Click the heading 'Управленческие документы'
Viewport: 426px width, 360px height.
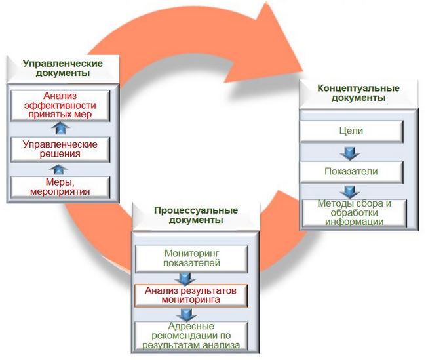tap(63, 68)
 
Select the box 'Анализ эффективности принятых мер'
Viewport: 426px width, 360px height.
tap(60, 106)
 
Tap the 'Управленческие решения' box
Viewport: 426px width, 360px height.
tap(60, 149)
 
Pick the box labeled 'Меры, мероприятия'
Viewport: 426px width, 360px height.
tap(60, 187)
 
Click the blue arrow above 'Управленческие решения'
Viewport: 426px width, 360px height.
tap(60, 127)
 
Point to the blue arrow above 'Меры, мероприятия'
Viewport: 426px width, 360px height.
tap(58, 169)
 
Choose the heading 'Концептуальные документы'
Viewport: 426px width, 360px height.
tap(358, 93)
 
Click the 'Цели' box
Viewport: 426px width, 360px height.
tap(351, 131)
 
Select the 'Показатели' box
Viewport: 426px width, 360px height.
tap(351, 172)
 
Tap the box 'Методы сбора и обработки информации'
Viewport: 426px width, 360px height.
tap(355, 213)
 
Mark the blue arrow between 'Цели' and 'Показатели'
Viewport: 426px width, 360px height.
tap(350, 153)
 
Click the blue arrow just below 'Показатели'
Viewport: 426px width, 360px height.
tap(350, 192)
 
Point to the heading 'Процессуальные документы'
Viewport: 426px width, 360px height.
tap(196, 215)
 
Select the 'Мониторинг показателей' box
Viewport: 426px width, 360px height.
tap(191, 258)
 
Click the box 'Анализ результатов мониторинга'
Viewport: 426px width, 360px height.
tap(191, 296)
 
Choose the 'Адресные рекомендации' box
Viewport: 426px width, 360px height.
tap(191, 336)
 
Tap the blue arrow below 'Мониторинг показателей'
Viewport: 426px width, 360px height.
tap(185, 279)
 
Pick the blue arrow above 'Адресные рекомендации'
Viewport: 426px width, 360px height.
tap(186, 315)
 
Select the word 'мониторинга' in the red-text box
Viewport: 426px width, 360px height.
tap(191, 300)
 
